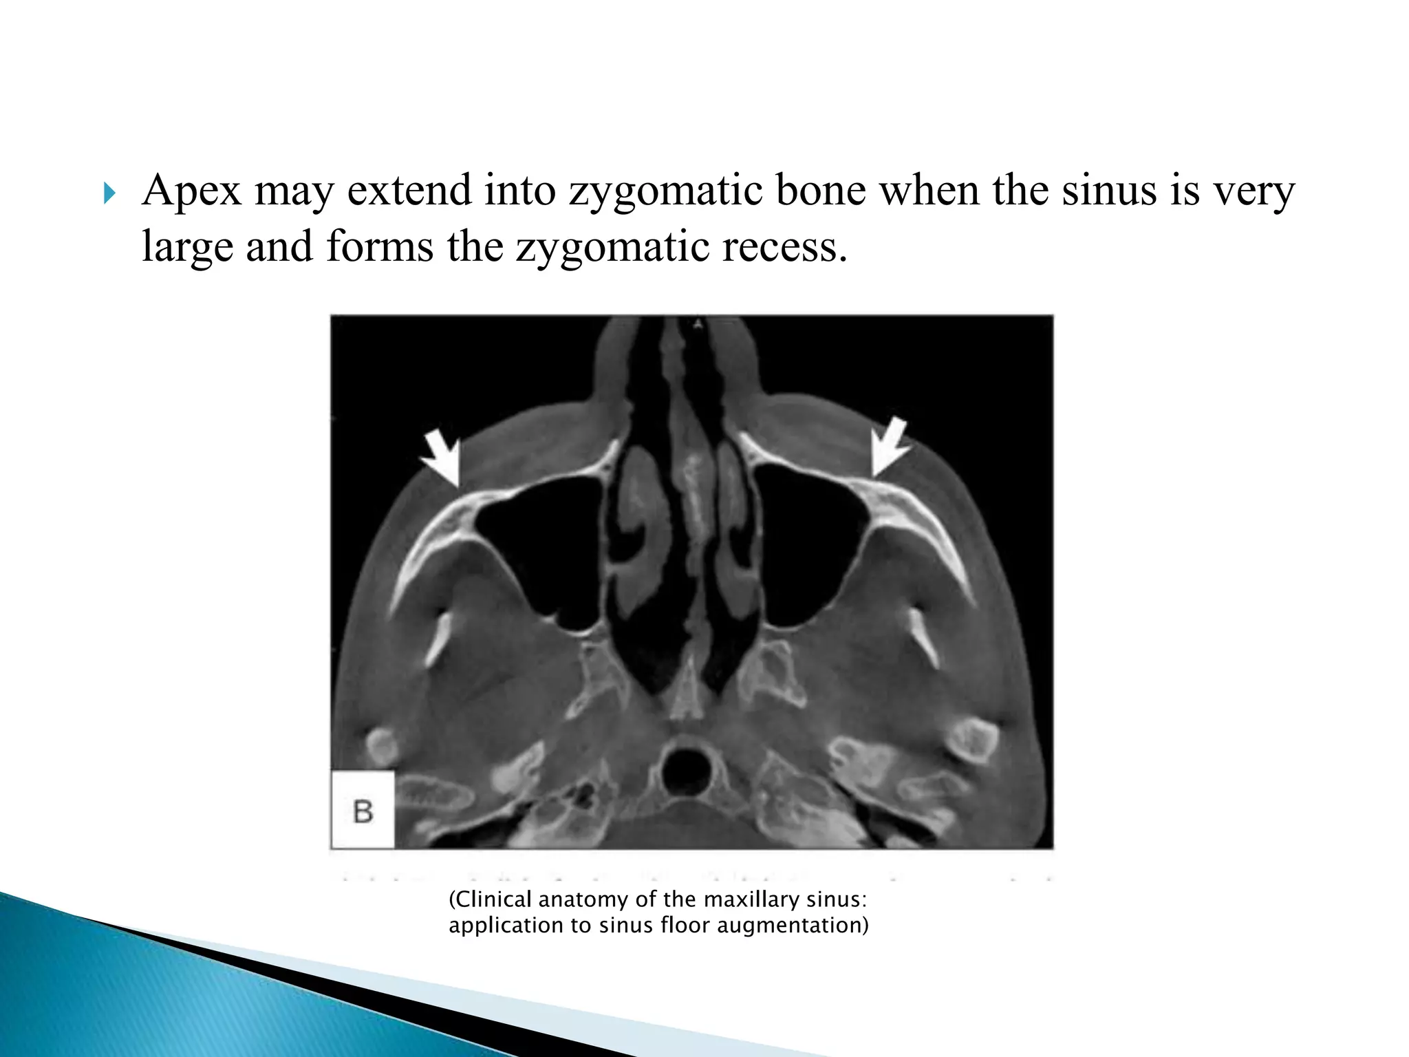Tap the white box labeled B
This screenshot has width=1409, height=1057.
point(363,810)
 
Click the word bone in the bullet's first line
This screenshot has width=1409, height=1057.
point(821,191)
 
